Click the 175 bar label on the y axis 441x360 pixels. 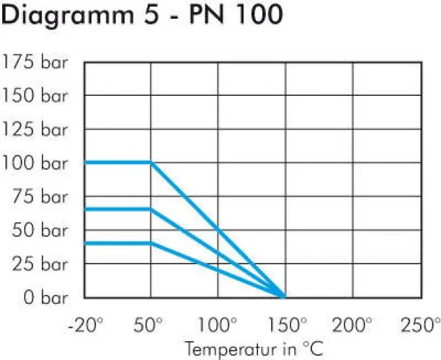click(x=35, y=61)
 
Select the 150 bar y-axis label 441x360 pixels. click(x=35, y=95)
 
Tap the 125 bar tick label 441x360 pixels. click(x=35, y=129)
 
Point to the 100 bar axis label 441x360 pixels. click(x=35, y=163)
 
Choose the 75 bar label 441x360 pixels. click(x=41, y=197)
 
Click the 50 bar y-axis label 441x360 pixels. click(x=41, y=230)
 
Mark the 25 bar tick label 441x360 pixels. click(x=41, y=264)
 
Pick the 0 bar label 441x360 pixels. click(x=46, y=297)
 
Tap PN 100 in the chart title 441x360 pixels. click(x=232, y=15)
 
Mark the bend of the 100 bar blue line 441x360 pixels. click(x=151, y=163)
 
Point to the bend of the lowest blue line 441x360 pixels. click(x=151, y=243)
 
